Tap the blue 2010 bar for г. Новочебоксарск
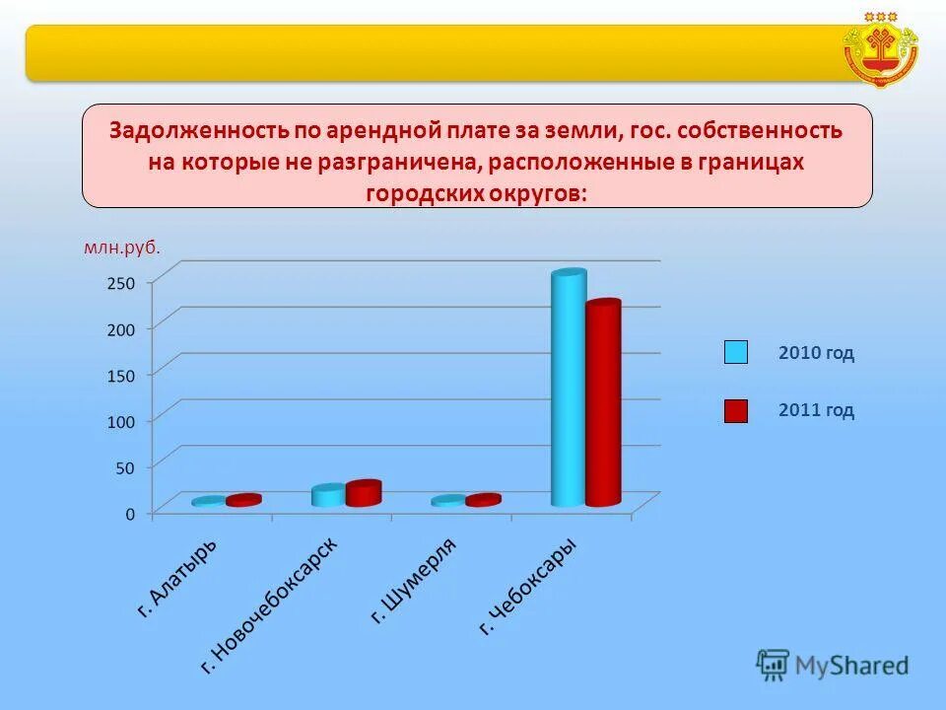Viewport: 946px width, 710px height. coord(328,495)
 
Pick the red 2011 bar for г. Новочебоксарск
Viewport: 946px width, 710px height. coord(363,493)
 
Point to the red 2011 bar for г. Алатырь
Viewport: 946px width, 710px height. coord(243,501)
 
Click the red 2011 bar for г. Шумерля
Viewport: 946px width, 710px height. coord(483,501)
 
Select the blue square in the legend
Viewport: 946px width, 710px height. coord(736,352)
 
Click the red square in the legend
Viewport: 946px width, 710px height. coord(736,411)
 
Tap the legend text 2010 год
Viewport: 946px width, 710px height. coord(816,353)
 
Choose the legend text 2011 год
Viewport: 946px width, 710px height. coord(816,411)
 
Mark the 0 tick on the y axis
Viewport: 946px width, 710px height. coord(129,514)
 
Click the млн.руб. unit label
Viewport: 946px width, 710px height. coord(121,248)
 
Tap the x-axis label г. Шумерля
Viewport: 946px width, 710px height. coord(414,582)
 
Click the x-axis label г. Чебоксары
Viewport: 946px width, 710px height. coord(528,587)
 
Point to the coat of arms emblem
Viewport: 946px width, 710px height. coord(881,49)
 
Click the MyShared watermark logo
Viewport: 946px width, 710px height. coord(833,666)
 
